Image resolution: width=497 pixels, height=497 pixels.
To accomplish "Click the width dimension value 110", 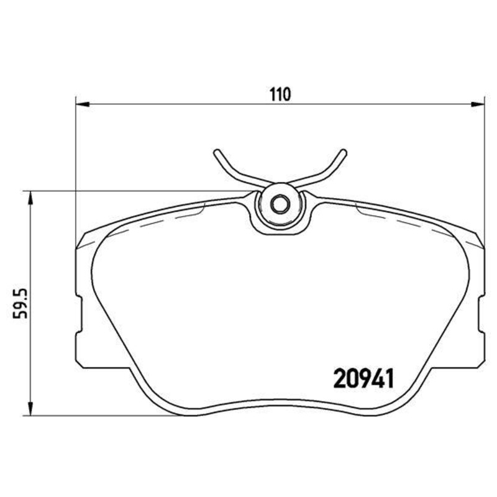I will (x=280, y=94).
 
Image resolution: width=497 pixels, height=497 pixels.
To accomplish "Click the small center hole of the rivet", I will (x=280, y=203).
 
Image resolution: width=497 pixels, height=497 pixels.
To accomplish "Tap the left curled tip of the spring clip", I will (x=216, y=153).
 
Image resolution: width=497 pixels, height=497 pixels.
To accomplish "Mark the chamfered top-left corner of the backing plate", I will (x=81, y=240).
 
